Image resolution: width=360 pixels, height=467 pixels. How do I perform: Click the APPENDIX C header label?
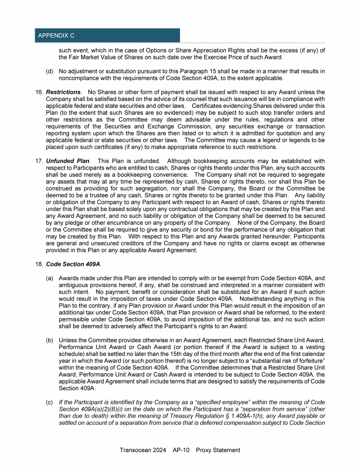(56, 36)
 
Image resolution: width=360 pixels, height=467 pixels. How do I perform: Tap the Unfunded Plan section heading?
(67, 162)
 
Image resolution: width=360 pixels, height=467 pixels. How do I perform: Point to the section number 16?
(39, 92)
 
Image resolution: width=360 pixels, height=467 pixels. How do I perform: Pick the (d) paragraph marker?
(49, 72)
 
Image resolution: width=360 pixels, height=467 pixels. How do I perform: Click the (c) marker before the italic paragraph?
(49, 389)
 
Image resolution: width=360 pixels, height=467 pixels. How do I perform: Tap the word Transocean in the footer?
(135, 450)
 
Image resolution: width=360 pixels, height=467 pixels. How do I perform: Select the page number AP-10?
(180, 450)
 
